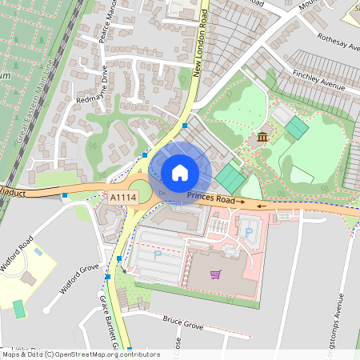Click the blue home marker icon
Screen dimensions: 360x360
180,172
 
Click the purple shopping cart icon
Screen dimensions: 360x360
214,274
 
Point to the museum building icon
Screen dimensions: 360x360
262,138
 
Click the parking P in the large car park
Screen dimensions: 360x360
157,254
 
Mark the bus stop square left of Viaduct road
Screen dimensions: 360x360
64,194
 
